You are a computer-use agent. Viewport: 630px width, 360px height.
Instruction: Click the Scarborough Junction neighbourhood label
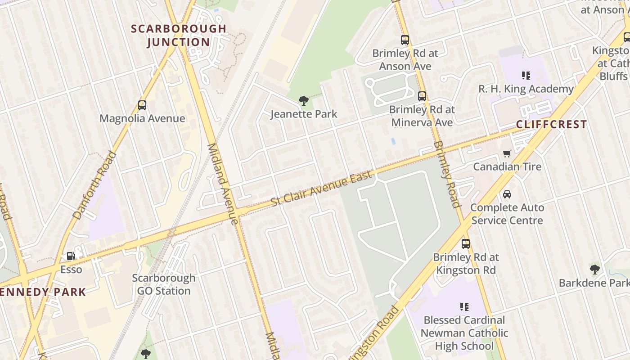[x=179, y=35]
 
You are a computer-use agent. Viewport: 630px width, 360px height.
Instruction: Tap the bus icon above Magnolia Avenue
[x=142, y=105]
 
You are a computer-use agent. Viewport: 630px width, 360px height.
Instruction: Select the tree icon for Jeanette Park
[x=303, y=100]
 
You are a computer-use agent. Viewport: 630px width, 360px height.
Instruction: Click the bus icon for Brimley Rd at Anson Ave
[x=405, y=40]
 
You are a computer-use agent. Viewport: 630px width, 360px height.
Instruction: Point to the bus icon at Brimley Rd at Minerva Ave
[x=422, y=96]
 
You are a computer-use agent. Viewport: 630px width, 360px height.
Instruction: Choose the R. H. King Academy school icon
[x=526, y=75]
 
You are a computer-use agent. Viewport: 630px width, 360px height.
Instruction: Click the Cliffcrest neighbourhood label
[x=551, y=124]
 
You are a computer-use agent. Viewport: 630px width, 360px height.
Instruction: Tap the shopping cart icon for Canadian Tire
[x=507, y=153]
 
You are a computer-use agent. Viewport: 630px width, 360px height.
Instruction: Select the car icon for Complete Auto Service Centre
[x=507, y=194]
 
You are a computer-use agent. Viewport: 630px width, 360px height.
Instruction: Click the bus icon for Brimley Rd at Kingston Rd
[x=466, y=244]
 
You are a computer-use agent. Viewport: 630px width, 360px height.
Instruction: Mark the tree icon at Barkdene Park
[x=595, y=270]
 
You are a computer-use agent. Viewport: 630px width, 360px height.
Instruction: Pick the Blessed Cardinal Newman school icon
[x=464, y=307]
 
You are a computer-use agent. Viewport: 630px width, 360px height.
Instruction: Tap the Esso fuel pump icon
[x=71, y=256]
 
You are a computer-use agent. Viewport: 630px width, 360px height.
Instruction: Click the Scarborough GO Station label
[x=164, y=284]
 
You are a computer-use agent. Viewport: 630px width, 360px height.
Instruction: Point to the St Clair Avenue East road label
[x=322, y=189]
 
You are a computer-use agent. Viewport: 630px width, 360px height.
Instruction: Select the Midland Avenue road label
[x=222, y=184]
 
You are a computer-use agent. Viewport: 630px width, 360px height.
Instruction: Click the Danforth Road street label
[x=94, y=185]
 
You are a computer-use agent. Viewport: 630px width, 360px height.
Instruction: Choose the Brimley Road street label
[x=448, y=174]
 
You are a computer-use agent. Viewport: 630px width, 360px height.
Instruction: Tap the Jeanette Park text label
[x=304, y=114]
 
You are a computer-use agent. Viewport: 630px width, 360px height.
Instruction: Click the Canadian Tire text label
[x=507, y=167]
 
